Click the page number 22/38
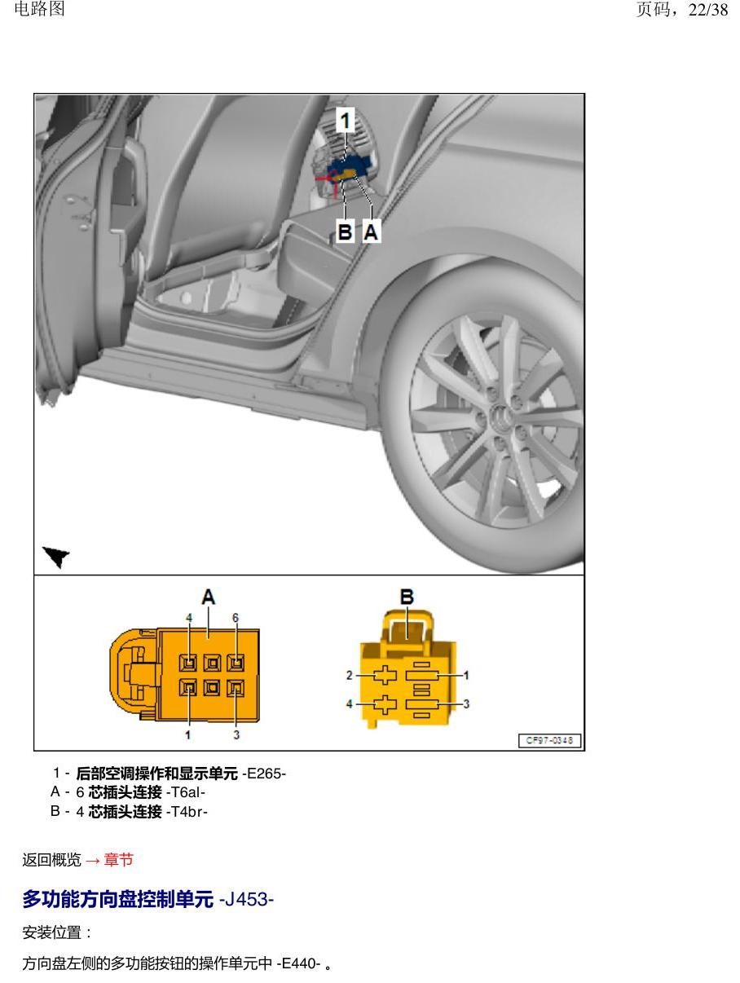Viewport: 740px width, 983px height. [x=707, y=10]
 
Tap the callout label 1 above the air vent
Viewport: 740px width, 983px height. [x=345, y=120]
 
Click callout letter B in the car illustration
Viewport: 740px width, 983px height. [x=345, y=231]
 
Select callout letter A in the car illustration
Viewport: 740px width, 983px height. [x=371, y=231]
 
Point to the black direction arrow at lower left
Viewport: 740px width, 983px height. [x=55, y=556]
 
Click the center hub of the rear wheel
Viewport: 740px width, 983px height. [x=501, y=417]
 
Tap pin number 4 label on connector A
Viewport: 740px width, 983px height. [x=189, y=618]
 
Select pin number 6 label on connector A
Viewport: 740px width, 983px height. [x=236, y=618]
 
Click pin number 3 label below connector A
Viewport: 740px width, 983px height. [x=236, y=734]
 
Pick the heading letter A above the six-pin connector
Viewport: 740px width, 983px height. [x=208, y=597]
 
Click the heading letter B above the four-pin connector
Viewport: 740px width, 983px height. [x=407, y=597]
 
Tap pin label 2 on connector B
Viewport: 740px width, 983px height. [x=349, y=675]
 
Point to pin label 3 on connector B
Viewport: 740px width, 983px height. [x=466, y=703]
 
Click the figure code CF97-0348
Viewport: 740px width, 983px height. [x=549, y=740]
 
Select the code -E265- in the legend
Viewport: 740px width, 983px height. [x=263, y=774]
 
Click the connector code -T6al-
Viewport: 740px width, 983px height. [x=185, y=792]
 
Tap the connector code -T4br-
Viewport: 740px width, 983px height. [x=187, y=811]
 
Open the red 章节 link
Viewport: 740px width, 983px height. [x=119, y=860]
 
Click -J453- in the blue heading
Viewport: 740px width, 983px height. [x=246, y=899]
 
